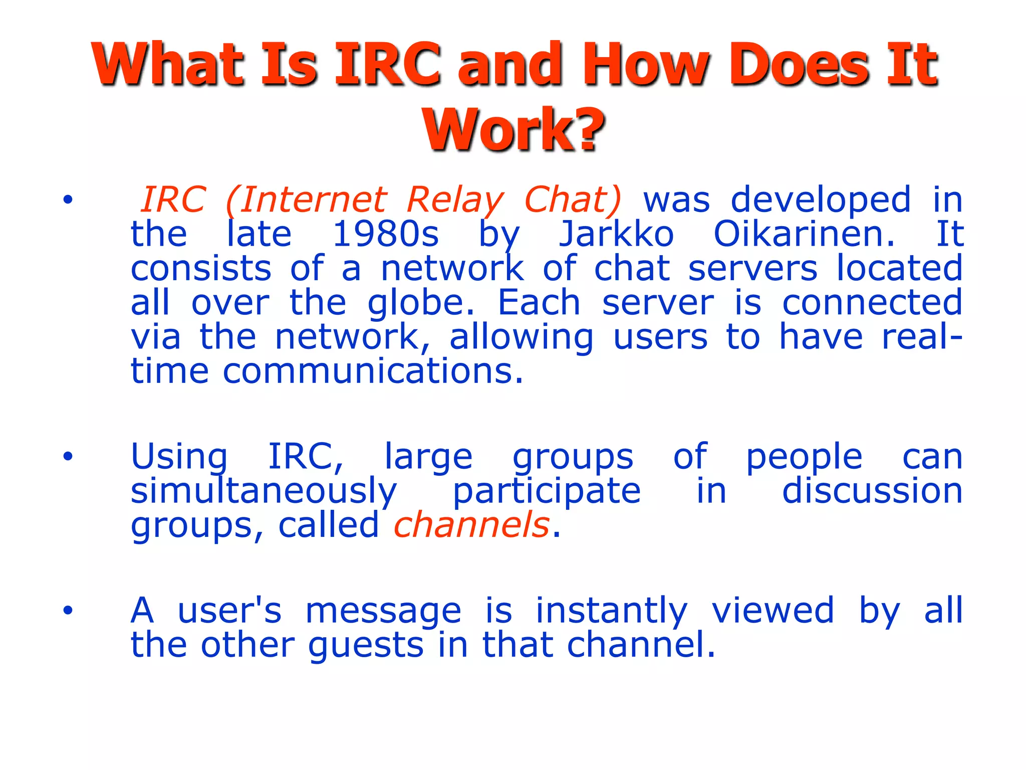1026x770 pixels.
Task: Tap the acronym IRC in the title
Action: [388, 64]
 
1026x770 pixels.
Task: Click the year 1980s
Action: [385, 234]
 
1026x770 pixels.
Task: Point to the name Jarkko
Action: [616, 234]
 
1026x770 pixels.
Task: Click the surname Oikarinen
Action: [804, 234]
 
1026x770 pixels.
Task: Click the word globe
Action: [420, 303]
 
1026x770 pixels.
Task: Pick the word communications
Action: [373, 371]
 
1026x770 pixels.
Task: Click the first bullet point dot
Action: [68, 200]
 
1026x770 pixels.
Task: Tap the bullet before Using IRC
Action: [68, 457]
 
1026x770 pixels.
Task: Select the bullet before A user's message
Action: [68, 611]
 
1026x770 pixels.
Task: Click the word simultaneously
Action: [264, 491]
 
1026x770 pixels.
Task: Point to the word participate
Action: [546, 491]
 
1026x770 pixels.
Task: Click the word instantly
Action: [611, 611]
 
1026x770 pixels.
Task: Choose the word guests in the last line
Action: [366, 645]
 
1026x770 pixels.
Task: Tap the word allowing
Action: [521, 337]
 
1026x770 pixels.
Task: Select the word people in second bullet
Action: [804, 457]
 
